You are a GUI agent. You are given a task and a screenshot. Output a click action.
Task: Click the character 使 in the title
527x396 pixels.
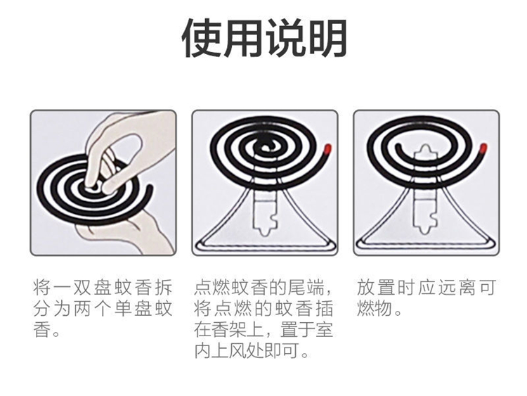(202, 38)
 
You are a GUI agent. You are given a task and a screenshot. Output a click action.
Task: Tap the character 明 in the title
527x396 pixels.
(325, 38)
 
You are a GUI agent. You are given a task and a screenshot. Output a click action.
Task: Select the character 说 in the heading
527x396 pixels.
(285, 38)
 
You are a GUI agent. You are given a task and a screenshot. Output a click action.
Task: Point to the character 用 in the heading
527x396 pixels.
(242, 38)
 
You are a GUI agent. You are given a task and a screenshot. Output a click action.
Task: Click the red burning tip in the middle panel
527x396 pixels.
(327, 148)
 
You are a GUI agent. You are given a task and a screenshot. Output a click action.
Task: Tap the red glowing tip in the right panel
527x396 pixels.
(483, 148)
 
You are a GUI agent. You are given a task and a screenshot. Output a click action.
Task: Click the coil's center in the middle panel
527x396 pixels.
(266, 147)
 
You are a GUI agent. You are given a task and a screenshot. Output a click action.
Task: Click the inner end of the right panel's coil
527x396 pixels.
(398, 147)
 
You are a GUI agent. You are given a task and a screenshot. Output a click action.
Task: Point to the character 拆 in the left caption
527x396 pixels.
(163, 288)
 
